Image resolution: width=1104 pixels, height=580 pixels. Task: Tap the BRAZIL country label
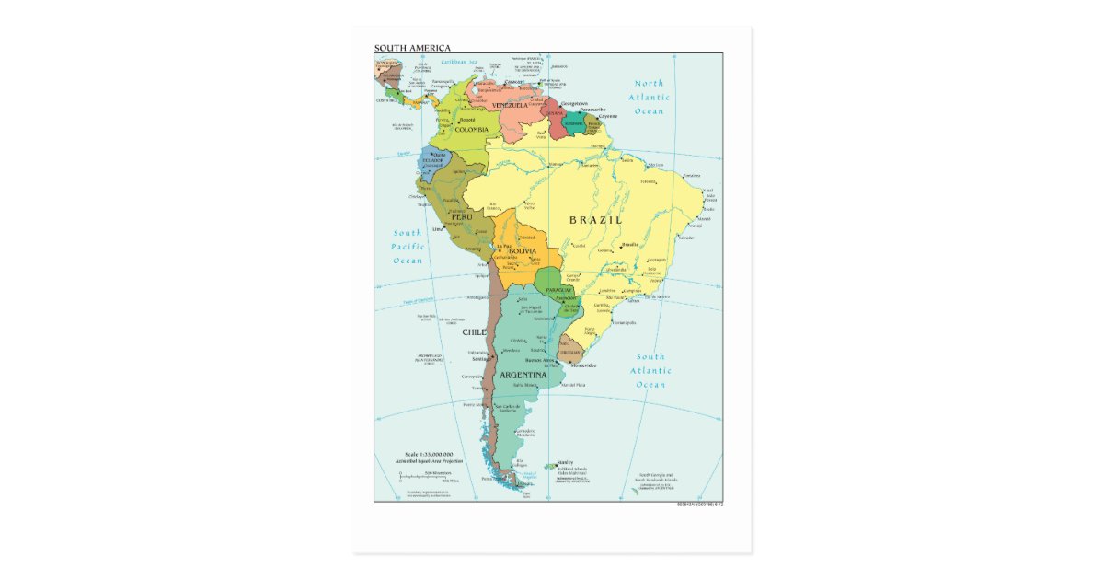(x=595, y=220)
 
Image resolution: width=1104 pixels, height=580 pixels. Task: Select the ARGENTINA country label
(x=523, y=375)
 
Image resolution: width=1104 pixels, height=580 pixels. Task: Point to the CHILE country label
(x=474, y=331)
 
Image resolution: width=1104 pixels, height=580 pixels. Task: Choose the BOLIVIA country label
(x=522, y=251)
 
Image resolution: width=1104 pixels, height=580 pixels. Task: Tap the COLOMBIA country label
(x=470, y=130)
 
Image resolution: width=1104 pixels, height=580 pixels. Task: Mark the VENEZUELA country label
(x=510, y=105)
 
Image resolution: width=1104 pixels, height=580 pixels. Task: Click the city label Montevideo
(x=580, y=365)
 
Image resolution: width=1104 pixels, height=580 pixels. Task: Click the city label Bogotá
(x=466, y=120)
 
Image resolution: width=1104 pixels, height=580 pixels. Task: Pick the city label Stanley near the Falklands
(x=565, y=463)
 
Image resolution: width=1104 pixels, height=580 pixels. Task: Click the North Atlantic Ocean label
(x=649, y=97)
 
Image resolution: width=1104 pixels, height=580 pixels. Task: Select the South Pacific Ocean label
(x=408, y=247)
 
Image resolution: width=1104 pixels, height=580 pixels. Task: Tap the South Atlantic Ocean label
(x=650, y=370)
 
